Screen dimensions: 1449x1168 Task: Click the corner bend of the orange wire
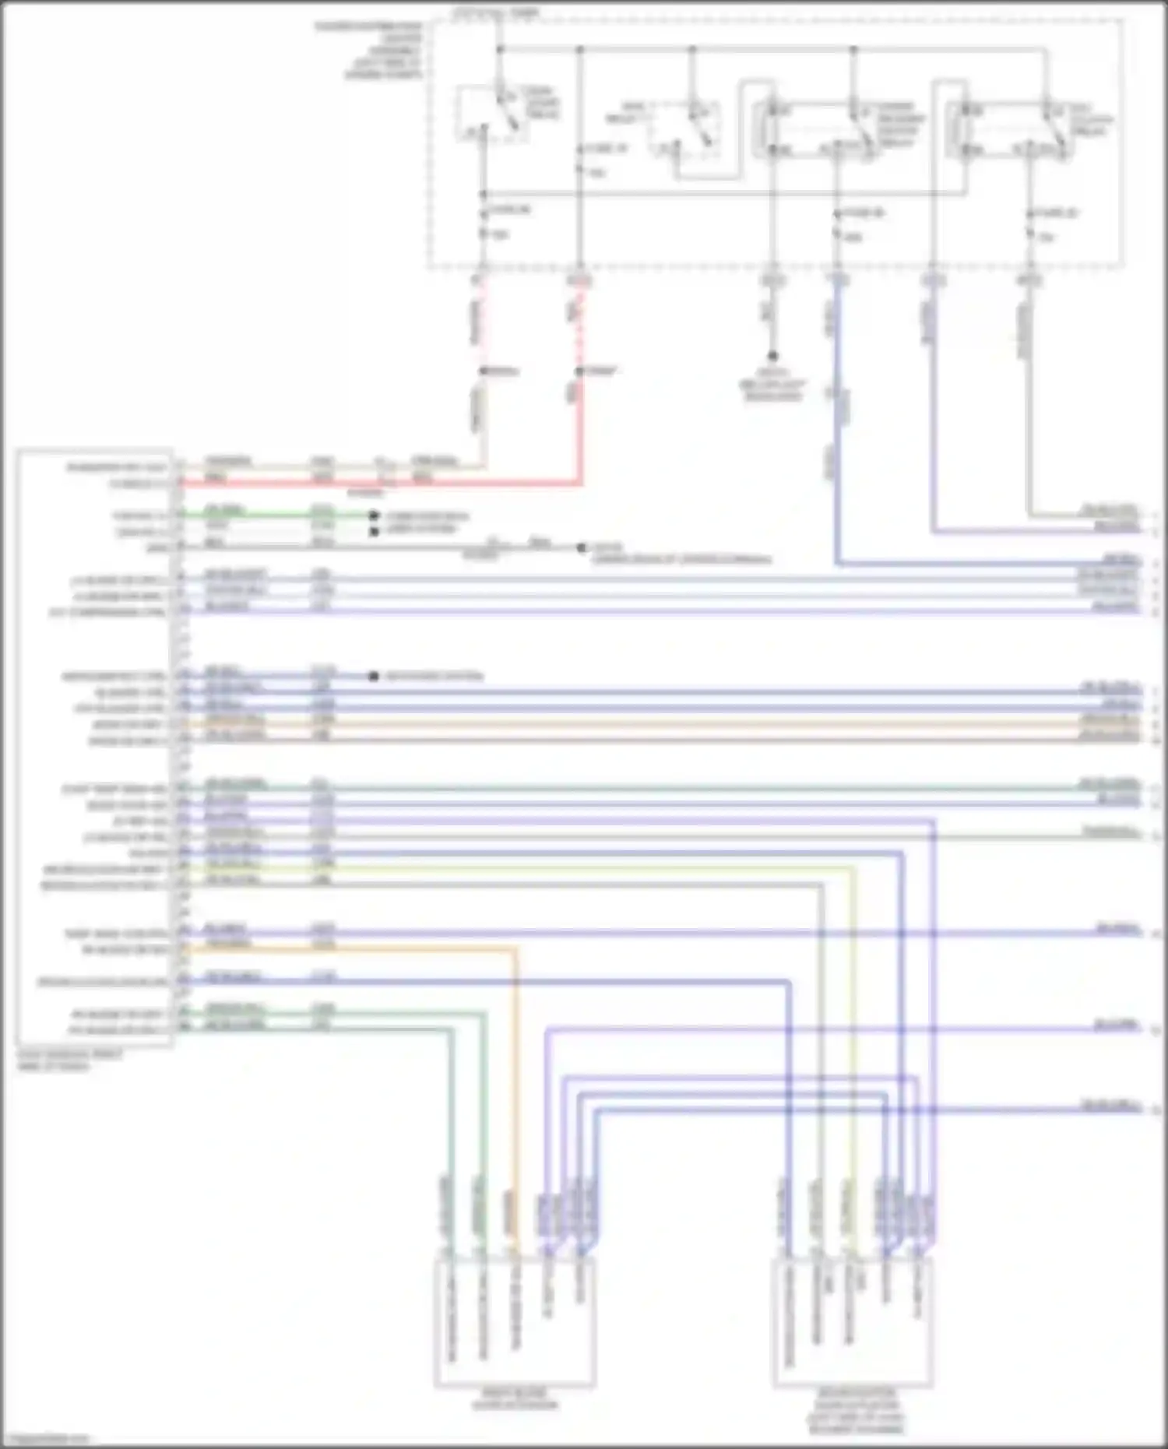click(x=514, y=949)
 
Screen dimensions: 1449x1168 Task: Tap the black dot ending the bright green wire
click(x=373, y=515)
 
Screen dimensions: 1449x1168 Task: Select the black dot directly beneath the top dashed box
click(x=773, y=356)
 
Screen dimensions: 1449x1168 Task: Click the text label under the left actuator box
click(x=515, y=1400)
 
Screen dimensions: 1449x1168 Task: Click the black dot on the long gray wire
click(x=581, y=547)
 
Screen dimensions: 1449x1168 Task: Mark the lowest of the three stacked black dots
click(x=373, y=676)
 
